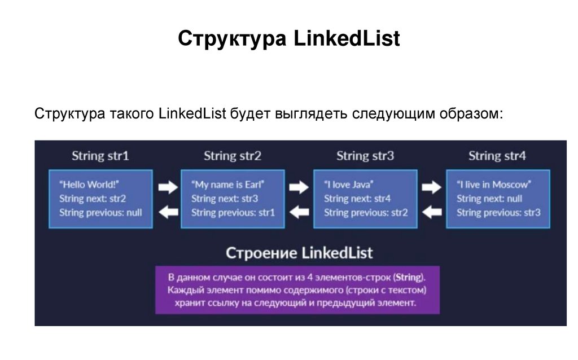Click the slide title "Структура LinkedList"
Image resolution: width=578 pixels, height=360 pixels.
pyautogui.click(x=288, y=39)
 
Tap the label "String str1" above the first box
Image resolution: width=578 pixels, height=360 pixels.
pyautogui.click(x=100, y=156)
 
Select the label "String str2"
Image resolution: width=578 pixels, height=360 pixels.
pyautogui.click(x=233, y=156)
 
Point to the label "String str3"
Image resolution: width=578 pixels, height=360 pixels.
pyautogui.click(x=365, y=156)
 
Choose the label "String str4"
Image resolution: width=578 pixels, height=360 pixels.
pyautogui.click(x=497, y=156)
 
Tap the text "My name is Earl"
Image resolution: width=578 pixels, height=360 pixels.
pyautogui.click(x=228, y=185)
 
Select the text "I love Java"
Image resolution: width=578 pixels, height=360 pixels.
pyautogui.click(x=349, y=185)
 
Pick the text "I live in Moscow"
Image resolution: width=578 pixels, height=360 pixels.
pyautogui.click(x=494, y=185)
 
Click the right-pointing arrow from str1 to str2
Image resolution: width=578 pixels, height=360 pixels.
pyautogui.click(x=167, y=187)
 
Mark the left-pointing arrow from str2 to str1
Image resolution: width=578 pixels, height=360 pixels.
pyautogui.click(x=167, y=212)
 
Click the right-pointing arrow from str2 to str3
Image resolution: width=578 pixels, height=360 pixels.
pyautogui.click(x=299, y=187)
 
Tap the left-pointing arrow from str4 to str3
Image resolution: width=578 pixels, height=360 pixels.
pyautogui.click(x=432, y=212)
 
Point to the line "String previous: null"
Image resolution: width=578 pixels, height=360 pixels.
pyautogui.click(x=100, y=213)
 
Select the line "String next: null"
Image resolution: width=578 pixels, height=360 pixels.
pyautogui.click(x=489, y=199)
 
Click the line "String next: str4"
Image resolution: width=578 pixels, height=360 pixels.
pyautogui.click(x=357, y=199)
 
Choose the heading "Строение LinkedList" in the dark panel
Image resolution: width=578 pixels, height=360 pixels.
pyautogui.click(x=299, y=252)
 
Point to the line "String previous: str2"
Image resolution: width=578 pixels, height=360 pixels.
pyautogui.click(x=366, y=213)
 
